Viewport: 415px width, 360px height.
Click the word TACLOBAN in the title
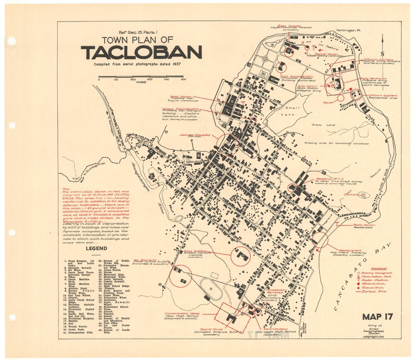click(141, 53)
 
